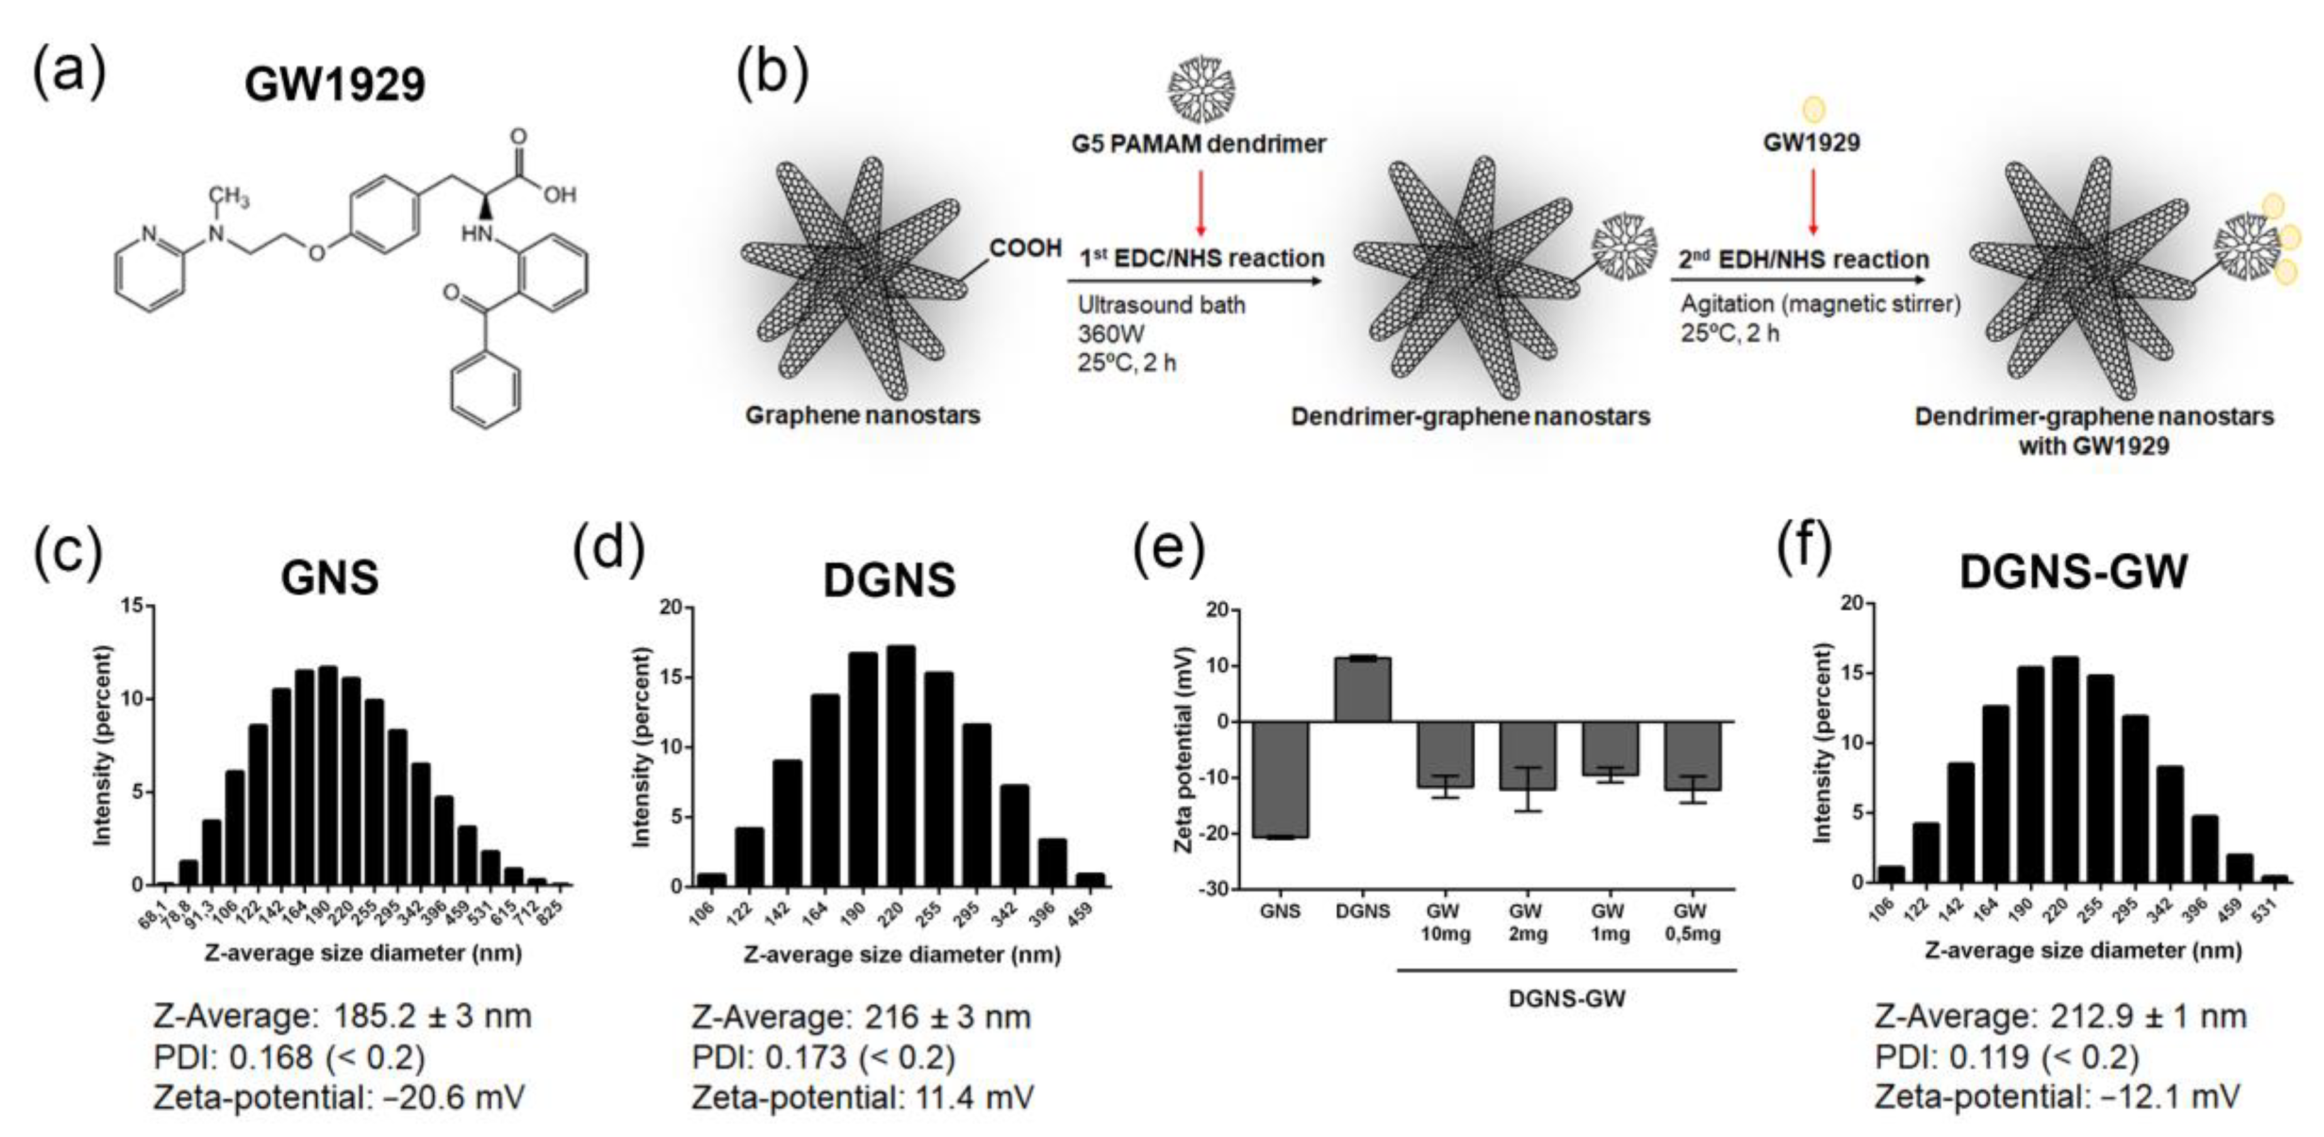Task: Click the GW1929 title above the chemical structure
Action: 334,86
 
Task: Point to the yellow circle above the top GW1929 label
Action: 1812,110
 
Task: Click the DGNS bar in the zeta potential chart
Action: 1363,691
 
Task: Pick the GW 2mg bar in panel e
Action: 1527,755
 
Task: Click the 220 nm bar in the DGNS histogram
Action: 901,767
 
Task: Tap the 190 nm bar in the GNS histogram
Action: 328,776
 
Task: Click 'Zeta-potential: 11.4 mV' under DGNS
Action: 863,1097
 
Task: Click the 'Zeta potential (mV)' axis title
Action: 1183,750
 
